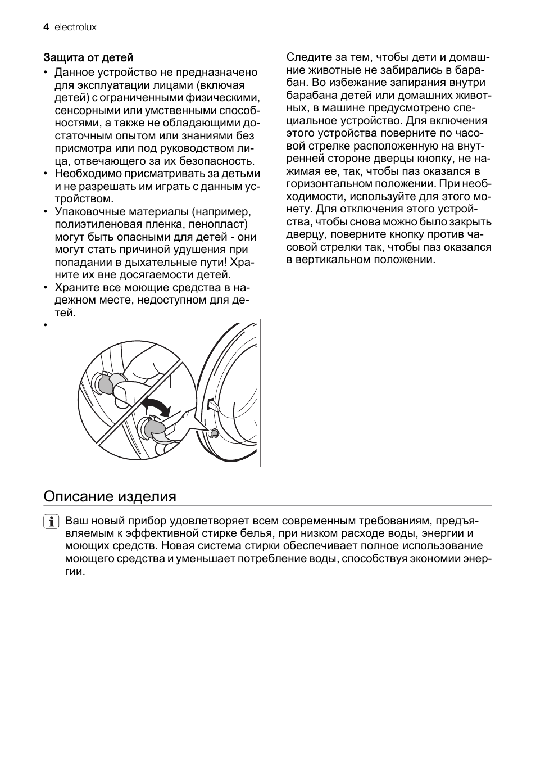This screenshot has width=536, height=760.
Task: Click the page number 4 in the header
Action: click(x=46, y=27)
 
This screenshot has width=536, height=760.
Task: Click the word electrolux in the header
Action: click(x=75, y=27)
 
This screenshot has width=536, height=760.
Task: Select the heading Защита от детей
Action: click(x=88, y=57)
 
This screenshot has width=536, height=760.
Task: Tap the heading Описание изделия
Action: click(x=110, y=496)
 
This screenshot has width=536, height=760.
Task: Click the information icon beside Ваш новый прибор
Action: click(x=51, y=522)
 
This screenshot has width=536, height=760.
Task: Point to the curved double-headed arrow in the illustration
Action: click(x=155, y=406)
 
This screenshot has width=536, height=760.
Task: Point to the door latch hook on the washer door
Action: click(x=212, y=405)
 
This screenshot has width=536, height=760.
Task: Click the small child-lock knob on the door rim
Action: click(x=214, y=432)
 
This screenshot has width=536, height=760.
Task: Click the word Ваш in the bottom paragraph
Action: click(x=75, y=521)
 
